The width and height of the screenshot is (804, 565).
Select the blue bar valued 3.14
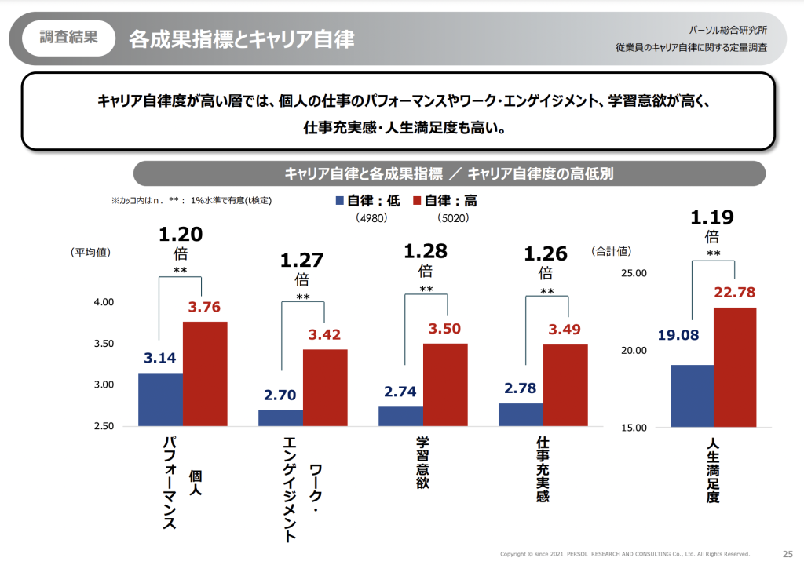(x=160, y=399)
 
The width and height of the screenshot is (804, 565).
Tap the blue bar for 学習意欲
(x=400, y=417)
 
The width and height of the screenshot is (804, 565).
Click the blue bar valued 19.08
(x=692, y=396)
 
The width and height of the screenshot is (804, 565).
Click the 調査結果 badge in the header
(x=68, y=38)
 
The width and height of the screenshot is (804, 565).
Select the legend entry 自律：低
(x=368, y=201)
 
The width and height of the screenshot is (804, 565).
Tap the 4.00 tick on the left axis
(x=105, y=302)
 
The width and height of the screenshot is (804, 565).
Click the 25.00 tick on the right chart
(x=633, y=273)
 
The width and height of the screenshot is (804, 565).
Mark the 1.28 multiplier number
(x=425, y=251)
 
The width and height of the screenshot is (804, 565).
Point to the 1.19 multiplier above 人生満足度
(x=712, y=217)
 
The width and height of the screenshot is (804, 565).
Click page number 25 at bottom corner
(x=788, y=553)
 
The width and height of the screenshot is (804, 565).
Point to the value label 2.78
(x=520, y=388)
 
